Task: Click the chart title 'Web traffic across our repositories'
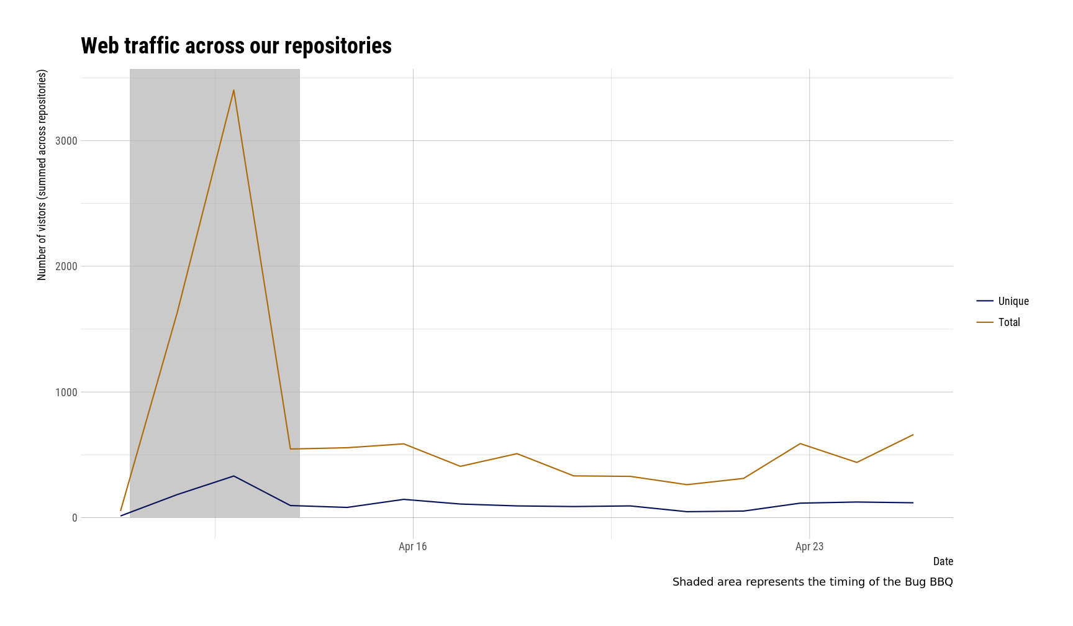tap(236, 46)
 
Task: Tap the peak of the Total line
tap(233, 91)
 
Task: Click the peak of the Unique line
tap(233, 476)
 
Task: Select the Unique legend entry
tap(1013, 301)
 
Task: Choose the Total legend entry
tap(1008, 322)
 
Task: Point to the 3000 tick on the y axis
tap(66, 141)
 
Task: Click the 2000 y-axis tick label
tap(66, 266)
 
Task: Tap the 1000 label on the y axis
tap(66, 392)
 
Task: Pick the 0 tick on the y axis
tap(75, 518)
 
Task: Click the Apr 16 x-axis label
tap(413, 547)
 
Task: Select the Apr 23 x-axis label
tap(809, 547)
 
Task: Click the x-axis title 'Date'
tap(943, 561)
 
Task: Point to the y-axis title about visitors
tap(42, 175)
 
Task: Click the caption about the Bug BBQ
tap(812, 582)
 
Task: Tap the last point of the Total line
tap(913, 435)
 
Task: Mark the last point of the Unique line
tap(913, 502)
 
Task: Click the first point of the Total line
tap(121, 510)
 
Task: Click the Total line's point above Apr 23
tap(801, 443)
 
